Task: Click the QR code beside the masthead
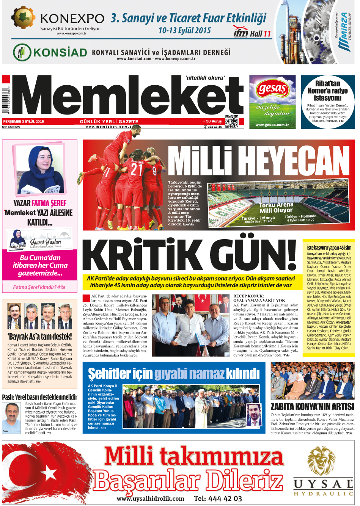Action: (232, 122)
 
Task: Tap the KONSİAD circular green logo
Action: (22, 53)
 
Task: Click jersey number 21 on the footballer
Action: (137, 169)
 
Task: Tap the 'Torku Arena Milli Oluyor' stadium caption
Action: (276, 208)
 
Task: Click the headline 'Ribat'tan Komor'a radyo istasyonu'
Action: (327, 91)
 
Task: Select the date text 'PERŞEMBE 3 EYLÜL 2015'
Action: (24, 122)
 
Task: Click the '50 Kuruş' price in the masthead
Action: (214, 121)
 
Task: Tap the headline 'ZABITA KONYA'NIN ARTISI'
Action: (312, 407)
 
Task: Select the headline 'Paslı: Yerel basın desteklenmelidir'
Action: (39, 397)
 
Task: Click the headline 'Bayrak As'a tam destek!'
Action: (39, 336)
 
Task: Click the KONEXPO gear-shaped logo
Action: (24, 18)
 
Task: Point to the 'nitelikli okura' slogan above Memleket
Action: (205, 78)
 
